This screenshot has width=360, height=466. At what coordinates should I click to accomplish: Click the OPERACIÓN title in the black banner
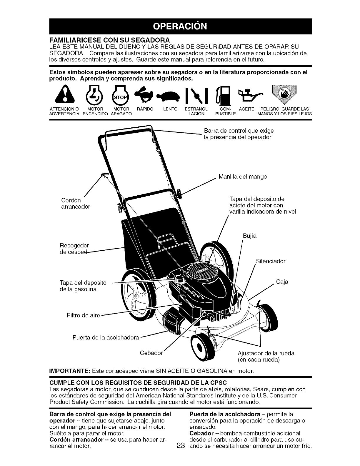coord(180,26)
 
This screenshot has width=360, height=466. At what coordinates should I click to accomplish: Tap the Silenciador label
coord(271,261)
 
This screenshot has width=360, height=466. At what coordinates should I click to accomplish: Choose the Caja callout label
coord(282,282)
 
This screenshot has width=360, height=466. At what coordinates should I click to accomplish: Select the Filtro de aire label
coord(84,316)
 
